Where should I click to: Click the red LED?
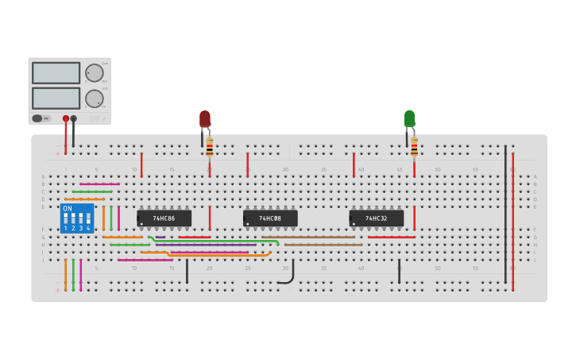(205, 119)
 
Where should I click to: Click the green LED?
(409, 118)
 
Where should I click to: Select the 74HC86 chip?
(164, 218)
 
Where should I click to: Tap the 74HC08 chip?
(270, 218)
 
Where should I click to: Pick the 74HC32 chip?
(377, 218)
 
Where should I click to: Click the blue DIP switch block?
(77, 219)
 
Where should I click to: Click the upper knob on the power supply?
(95, 73)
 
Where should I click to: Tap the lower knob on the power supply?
(95, 99)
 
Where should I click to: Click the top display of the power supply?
(56, 73)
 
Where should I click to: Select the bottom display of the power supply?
(56, 98)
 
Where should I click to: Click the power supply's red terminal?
(66, 118)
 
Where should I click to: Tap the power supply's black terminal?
(74, 118)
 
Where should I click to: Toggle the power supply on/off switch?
(37, 118)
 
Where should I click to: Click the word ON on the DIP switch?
(68, 208)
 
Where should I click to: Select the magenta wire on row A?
(99, 184)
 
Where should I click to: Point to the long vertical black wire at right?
(505, 215)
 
